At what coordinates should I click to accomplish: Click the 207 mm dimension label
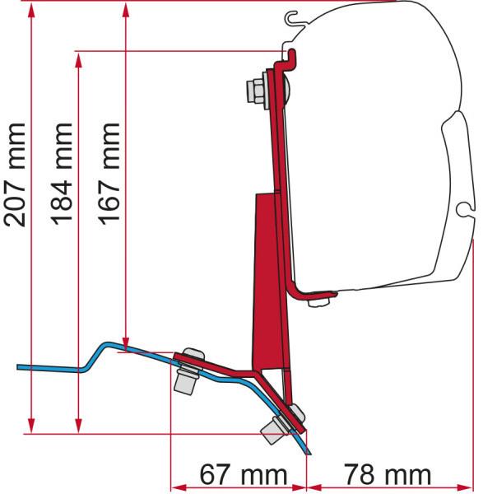click(15, 175)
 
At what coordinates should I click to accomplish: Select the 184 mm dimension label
click(62, 174)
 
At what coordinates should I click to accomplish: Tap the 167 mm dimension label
click(109, 174)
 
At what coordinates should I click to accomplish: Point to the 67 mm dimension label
click(244, 474)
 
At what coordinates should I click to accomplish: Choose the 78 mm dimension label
click(387, 474)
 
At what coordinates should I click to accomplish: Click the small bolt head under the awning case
click(318, 302)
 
